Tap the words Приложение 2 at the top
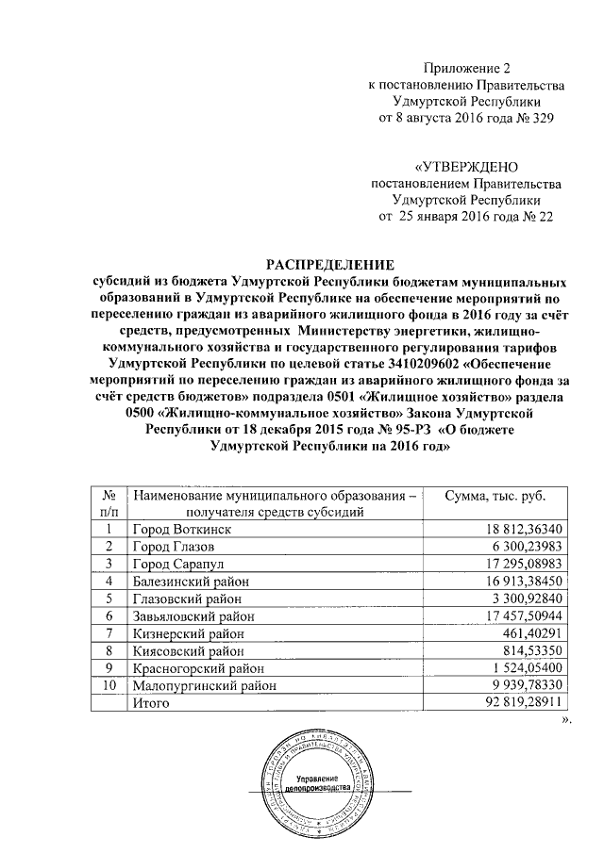coord(466,68)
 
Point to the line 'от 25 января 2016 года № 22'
coord(466,216)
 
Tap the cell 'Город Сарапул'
coord(175,564)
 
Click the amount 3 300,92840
coord(520,598)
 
